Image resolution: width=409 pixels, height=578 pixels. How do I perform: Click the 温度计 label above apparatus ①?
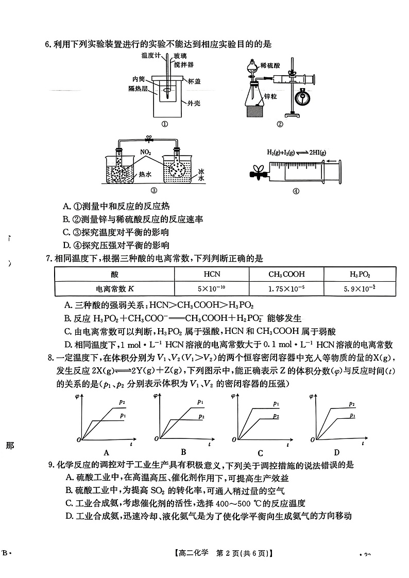click(149, 55)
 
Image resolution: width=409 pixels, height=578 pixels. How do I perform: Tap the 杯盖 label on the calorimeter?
click(194, 81)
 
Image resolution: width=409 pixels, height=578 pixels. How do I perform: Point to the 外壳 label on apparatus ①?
click(193, 103)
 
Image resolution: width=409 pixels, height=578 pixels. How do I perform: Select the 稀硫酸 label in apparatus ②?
click(270, 65)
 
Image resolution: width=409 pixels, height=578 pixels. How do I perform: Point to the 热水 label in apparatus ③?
click(145, 175)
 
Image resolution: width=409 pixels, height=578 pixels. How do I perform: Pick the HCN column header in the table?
click(212, 274)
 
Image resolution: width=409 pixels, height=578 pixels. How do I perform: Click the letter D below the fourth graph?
click(336, 452)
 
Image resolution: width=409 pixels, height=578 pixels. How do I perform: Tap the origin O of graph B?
click(158, 439)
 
